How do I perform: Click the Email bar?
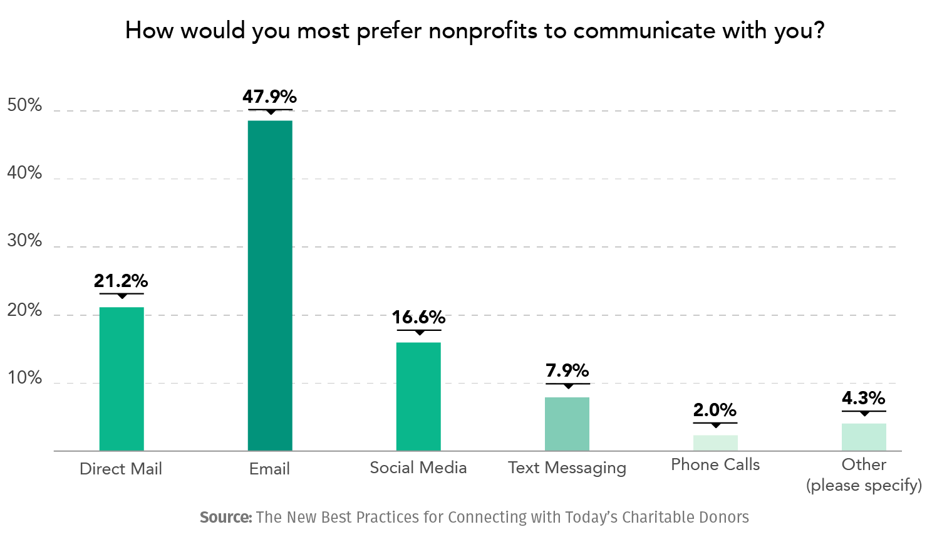point(270,285)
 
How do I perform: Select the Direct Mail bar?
point(122,379)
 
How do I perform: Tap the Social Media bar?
point(418,396)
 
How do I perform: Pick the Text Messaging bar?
point(567,424)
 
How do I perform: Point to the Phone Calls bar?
point(715,442)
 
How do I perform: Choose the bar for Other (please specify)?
point(864,437)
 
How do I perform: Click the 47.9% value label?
point(270,97)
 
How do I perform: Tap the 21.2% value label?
point(122,281)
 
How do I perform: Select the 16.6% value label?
point(418,317)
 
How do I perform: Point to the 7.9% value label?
point(567,370)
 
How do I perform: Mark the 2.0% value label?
point(715,410)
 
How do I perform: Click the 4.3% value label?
point(864,398)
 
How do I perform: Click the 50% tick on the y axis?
point(24,105)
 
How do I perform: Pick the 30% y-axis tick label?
point(24,241)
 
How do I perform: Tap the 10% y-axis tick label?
point(24,379)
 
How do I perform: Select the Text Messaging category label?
point(567,468)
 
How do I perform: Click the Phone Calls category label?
point(715,465)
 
